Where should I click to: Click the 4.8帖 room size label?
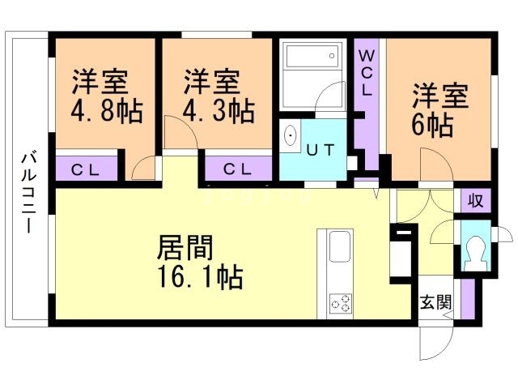[x=106, y=110]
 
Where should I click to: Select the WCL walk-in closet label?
[x=366, y=72]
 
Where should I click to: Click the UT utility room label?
[x=320, y=149]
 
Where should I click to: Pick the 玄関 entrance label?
[x=435, y=302]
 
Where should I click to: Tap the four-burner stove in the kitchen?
[x=340, y=305]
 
